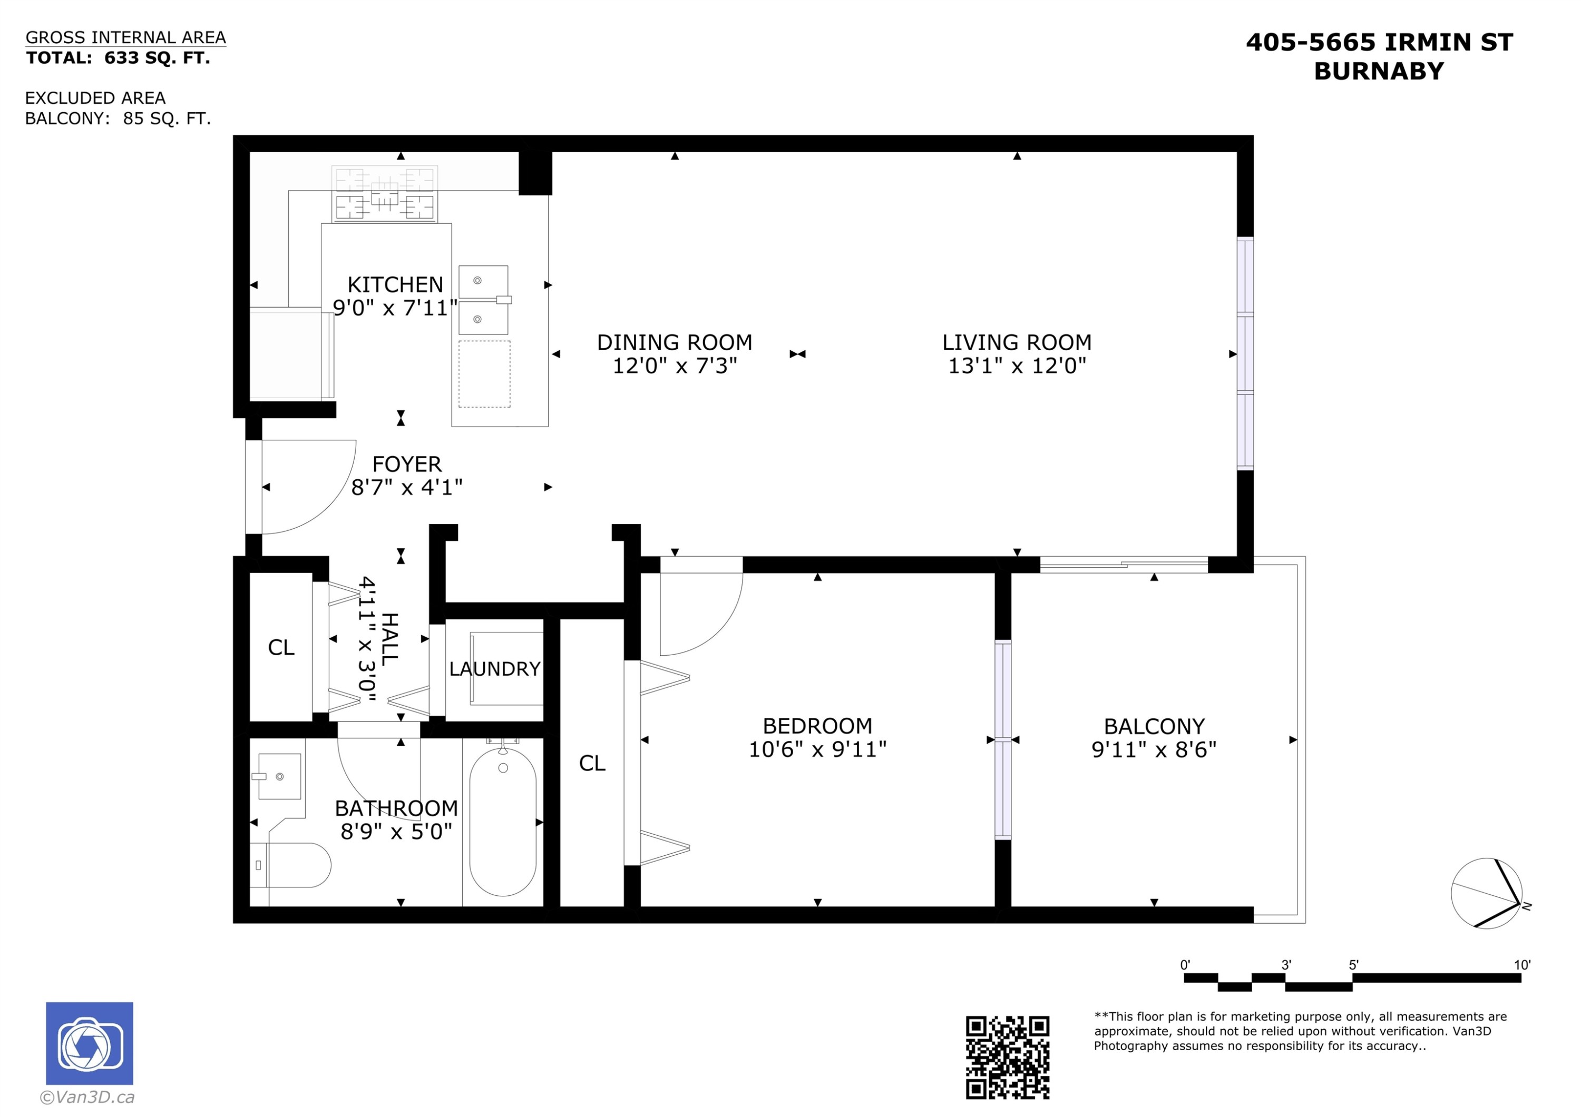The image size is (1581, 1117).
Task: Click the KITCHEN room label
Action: (395, 284)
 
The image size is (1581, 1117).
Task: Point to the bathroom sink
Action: (279, 776)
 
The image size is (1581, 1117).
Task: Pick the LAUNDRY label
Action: (494, 669)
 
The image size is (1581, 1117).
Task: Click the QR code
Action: (1008, 1057)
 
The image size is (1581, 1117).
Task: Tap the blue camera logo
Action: (90, 1043)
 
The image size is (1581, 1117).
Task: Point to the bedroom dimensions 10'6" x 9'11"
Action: (817, 749)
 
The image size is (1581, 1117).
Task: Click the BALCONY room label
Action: (1154, 726)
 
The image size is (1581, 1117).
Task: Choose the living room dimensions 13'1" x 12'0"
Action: (1017, 365)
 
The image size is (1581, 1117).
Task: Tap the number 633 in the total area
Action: (122, 58)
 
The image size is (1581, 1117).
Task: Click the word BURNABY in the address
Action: (1379, 72)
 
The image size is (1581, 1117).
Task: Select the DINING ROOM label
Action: (674, 342)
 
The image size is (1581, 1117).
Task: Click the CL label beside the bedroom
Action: (592, 763)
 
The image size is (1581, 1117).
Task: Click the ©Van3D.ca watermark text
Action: (87, 1097)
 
